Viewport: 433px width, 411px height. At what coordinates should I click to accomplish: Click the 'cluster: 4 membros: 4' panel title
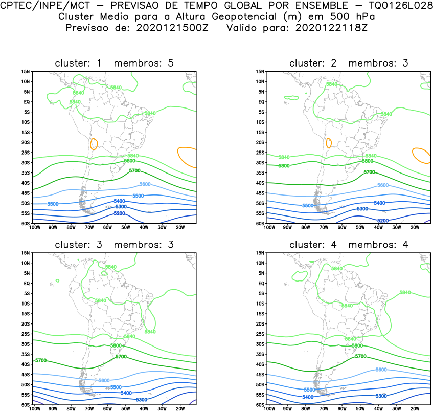[349, 245]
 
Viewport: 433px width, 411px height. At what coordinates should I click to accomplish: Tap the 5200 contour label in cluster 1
[120, 213]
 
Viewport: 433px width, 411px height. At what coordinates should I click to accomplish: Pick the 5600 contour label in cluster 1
[145, 184]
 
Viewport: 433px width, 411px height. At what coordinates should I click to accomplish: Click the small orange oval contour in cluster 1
[94, 144]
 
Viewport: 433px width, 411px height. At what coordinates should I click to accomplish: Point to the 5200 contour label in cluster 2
[383, 220]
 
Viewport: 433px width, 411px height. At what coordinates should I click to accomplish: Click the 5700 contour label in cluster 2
[369, 172]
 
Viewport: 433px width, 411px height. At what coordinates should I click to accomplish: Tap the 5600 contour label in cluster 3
[104, 380]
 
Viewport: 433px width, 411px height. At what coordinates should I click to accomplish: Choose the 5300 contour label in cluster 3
[142, 399]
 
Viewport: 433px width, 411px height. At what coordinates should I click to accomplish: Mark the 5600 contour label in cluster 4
[381, 370]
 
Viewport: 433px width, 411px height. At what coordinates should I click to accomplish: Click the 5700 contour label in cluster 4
[361, 356]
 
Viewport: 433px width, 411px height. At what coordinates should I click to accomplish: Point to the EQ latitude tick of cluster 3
[27, 283]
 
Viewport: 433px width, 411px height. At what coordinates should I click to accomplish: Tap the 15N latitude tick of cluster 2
[260, 71]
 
